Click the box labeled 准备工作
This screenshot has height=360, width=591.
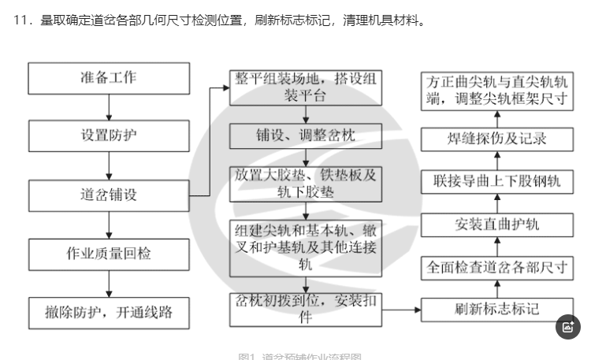[x=109, y=78]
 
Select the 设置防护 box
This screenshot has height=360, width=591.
[x=109, y=135]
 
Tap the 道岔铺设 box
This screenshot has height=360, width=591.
[x=109, y=195]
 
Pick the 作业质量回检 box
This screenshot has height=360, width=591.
[x=109, y=254]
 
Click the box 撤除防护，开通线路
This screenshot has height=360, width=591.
[x=109, y=312]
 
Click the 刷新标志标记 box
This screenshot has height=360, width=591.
[x=497, y=309]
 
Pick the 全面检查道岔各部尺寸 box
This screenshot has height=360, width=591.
[x=497, y=266]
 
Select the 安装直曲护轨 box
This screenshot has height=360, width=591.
[x=497, y=224]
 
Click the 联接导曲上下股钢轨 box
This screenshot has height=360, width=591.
[x=497, y=182]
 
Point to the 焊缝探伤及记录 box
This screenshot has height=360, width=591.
[x=497, y=139]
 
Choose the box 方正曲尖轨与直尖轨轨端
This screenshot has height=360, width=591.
[x=497, y=89]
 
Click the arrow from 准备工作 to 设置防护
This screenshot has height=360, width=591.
[x=109, y=106]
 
